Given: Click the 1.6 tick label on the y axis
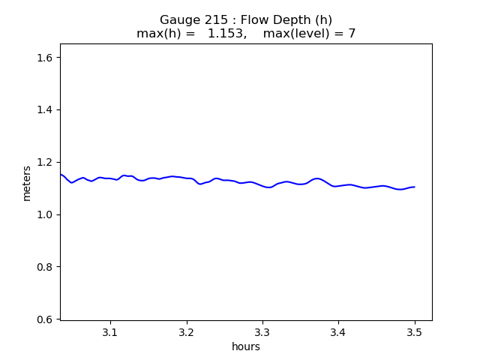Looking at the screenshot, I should click(x=46, y=57).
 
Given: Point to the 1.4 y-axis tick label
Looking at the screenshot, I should click(x=46, y=109).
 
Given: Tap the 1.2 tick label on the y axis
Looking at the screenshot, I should click(x=46, y=162).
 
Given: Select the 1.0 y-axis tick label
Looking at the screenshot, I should click(x=46, y=214).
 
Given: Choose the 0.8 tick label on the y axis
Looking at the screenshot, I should click(x=46, y=267).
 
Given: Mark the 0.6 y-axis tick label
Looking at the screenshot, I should click(x=46, y=319).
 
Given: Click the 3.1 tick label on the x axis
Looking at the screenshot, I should click(x=110, y=332).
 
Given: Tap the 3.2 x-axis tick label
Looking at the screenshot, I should click(x=187, y=332).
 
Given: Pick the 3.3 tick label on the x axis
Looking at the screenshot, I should click(x=262, y=332).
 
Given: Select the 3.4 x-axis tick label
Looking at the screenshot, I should click(x=338, y=332).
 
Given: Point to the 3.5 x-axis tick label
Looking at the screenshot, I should click(x=414, y=332).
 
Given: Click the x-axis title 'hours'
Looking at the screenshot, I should click(x=246, y=346).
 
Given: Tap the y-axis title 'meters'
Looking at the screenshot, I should click(x=27, y=183).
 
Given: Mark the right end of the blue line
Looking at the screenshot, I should click(x=414, y=187).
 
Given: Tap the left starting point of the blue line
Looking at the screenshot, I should click(x=61, y=174).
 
